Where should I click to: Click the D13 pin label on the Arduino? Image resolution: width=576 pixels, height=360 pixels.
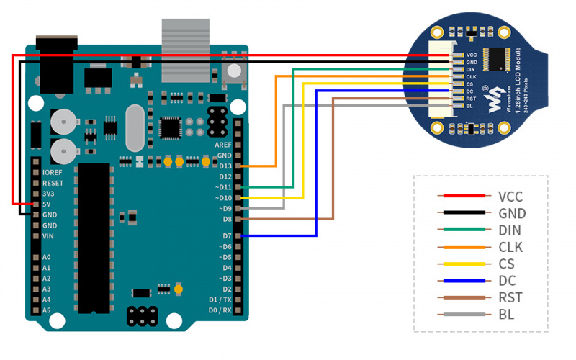click(x=225, y=166)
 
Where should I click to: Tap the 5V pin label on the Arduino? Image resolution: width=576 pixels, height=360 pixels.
click(x=47, y=204)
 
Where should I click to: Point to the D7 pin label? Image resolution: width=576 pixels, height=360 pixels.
click(x=227, y=236)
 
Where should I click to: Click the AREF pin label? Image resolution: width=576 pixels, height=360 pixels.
click(x=223, y=145)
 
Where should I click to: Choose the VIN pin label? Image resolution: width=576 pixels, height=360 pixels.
click(x=48, y=236)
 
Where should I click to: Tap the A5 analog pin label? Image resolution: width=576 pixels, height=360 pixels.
click(x=46, y=310)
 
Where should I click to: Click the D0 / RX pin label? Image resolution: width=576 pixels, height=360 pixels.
click(x=220, y=310)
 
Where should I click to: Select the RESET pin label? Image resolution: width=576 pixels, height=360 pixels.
click(x=53, y=183)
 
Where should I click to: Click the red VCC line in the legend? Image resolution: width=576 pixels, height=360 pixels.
click(x=464, y=196)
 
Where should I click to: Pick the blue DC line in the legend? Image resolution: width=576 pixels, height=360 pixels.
click(x=464, y=281)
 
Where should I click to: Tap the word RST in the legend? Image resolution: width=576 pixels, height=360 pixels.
click(x=510, y=297)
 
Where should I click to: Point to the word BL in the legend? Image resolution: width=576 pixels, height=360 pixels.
click(x=506, y=315)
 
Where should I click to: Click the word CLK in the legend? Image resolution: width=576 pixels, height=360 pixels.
click(x=510, y=247)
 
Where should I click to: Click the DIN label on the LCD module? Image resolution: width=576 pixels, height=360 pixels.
click(x=471, y=69)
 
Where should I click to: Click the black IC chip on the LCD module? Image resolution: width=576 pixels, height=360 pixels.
click(x=497, y=59)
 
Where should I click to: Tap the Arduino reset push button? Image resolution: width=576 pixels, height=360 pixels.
click(x=234, y=71)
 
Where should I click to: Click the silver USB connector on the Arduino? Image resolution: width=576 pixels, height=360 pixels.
click(x=186, y=50)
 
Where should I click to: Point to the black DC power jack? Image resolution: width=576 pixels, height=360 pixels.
click(x=57, y=64)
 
